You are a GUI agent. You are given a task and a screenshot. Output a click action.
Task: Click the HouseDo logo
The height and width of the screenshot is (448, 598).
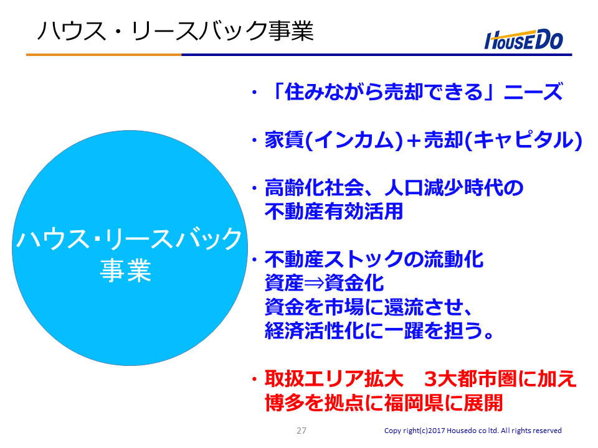tap(523, 39)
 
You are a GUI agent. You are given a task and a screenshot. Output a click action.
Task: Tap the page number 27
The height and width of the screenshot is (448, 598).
tap(301, 431)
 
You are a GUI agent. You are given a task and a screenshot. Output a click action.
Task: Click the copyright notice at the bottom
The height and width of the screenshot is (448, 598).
tap(473, 431)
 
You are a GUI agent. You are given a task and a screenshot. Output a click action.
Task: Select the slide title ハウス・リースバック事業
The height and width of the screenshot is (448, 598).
tap(176, 31)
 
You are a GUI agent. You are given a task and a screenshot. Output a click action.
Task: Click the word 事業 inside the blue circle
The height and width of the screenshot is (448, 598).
tap(125, 270)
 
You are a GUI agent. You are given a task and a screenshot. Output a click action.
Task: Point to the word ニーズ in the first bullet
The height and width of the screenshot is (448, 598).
tap(533, 92)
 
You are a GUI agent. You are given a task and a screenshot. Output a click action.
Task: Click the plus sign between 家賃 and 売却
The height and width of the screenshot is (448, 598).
tap(414, 141)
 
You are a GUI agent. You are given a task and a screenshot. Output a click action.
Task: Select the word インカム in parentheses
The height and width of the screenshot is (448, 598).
tap(355, 140)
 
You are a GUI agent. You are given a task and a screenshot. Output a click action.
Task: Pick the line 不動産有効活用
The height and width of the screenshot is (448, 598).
tap(334, 211)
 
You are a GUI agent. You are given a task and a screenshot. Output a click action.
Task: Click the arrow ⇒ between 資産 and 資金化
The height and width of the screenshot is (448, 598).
tap(314, 283)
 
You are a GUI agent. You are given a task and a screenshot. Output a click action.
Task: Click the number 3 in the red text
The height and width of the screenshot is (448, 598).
tap(430, 379)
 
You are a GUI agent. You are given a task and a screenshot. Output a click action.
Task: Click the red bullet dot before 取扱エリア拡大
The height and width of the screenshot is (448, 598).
tap(254, 380)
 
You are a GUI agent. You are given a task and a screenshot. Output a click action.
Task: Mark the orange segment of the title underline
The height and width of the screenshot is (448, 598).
tap(104, 55)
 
